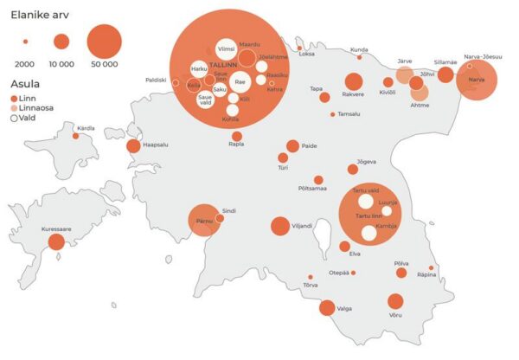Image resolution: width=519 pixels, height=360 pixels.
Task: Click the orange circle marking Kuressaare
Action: coord(56,241)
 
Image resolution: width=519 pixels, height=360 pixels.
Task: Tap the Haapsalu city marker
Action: coord(133,146)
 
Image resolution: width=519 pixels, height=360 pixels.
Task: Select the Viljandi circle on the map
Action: coord(279,227)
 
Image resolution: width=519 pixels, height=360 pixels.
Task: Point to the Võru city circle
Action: coord(395,302)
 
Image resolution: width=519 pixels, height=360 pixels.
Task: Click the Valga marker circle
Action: coord(327,307)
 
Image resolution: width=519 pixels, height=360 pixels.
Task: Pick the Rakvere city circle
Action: coord(354,82)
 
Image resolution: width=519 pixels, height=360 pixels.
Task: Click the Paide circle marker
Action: coord(292,146)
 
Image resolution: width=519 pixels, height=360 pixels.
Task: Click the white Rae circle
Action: coord(240,82)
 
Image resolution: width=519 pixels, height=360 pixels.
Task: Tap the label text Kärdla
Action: coord(86,128)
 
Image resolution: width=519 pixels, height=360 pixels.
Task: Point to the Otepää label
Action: coord(338,273)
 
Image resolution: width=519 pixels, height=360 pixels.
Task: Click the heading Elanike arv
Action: coord(40,13)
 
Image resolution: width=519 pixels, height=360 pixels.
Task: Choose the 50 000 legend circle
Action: coord(103,41)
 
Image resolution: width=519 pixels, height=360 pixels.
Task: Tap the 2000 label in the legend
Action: coord(25,63)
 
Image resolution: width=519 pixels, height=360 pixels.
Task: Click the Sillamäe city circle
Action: coord(445,75)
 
